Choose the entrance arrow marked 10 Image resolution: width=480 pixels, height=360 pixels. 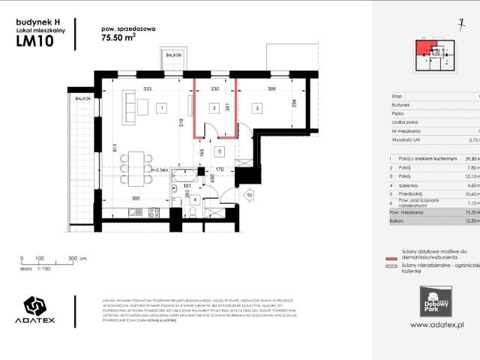(248, 196)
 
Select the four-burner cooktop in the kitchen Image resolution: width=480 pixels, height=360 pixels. (152, 214)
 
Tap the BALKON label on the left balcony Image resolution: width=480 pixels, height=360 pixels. (82, 99)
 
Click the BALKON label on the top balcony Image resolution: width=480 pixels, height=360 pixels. (173, 55)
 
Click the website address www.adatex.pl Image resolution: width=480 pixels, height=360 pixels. (438, 324)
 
